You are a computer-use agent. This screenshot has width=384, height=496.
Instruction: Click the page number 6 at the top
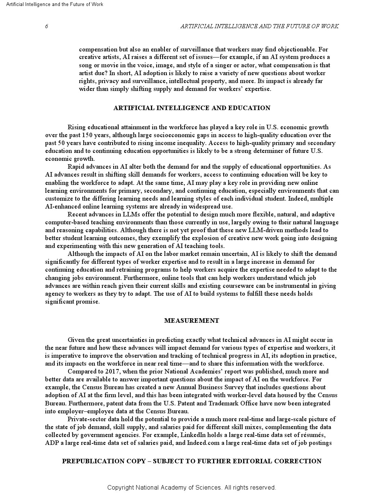[46, 26]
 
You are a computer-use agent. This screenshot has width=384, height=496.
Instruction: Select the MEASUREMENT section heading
[192, 321]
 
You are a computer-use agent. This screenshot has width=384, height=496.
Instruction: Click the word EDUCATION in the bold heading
[251, 108]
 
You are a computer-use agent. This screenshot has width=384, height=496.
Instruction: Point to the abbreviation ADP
[51, 443]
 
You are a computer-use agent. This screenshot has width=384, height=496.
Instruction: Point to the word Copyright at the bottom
[120, 487]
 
